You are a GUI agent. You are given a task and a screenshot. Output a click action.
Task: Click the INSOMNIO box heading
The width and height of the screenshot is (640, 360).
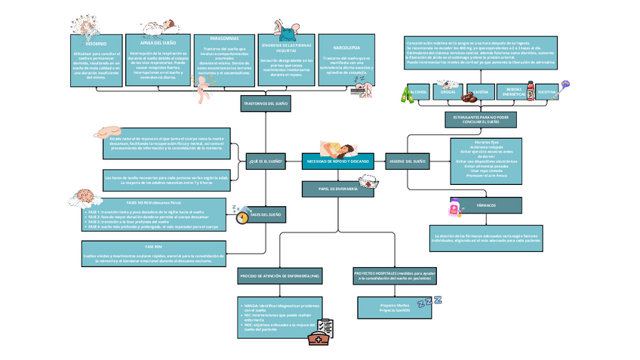(x=85, y=44)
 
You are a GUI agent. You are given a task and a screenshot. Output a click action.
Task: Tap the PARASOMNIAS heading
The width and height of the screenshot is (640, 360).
(x=224, y=38)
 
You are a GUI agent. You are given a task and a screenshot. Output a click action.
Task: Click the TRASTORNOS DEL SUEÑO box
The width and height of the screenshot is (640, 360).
(x=266, y=102)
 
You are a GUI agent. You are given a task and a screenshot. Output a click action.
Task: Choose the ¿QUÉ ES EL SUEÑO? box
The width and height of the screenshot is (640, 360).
(x=266, y=161)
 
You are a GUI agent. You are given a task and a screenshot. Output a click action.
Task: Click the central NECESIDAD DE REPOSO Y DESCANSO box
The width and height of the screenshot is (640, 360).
(x=338, y=162)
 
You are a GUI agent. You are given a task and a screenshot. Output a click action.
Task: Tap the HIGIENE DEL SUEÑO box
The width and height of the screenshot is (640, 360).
(x=407, y=162)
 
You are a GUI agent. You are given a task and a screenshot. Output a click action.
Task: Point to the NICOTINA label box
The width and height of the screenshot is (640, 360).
(x=546, y=92)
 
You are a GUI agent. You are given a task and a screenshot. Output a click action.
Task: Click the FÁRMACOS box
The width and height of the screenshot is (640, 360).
(x=485, y=205)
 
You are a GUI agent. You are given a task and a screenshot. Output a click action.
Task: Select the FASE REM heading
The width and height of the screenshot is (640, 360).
(x=154, y=247)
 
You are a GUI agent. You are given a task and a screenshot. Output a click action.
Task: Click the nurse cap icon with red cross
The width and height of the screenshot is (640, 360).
(x=369, y=182)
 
